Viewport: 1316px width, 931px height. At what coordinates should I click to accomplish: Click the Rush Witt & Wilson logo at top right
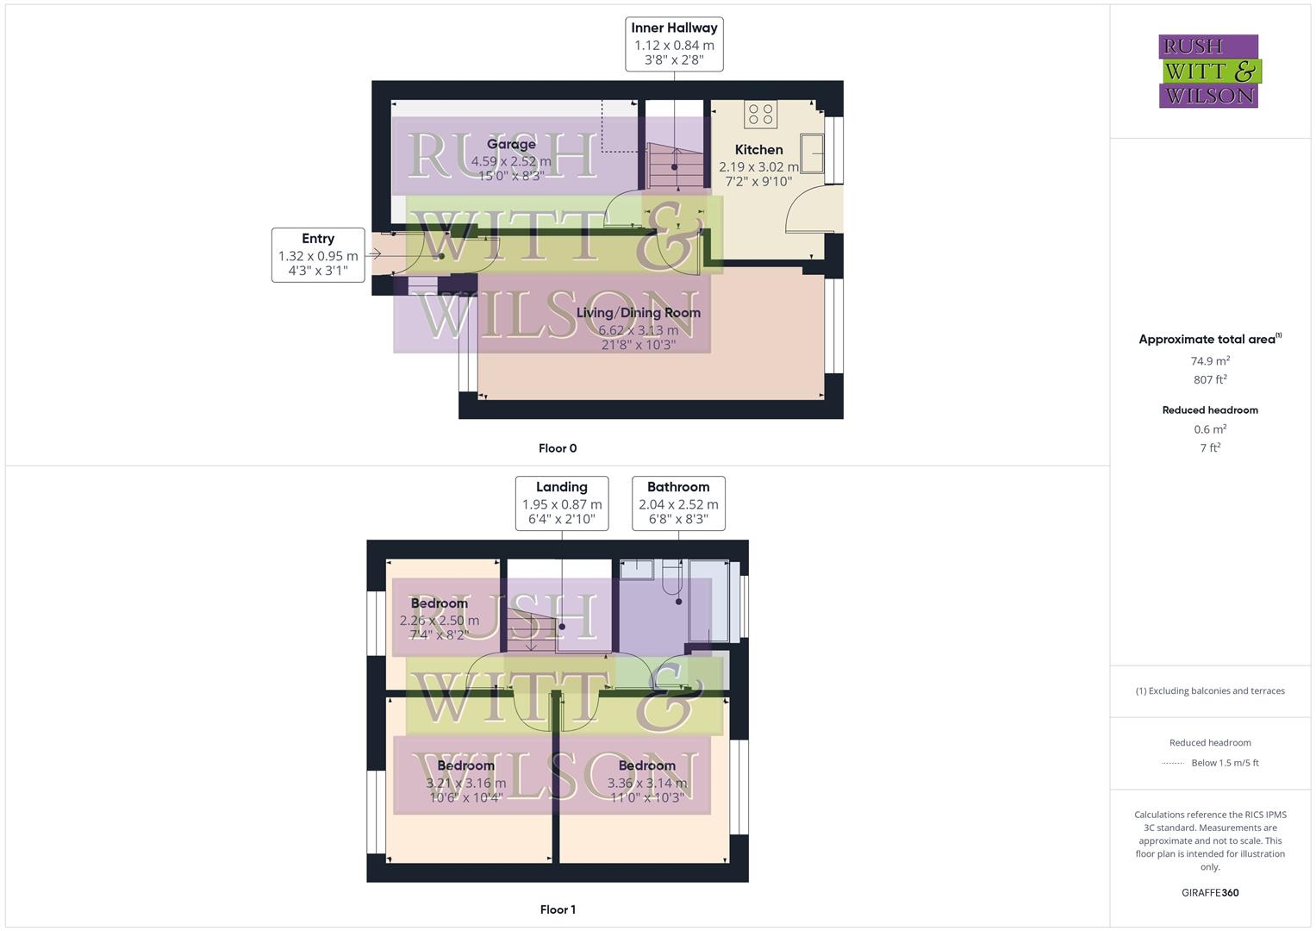1209,72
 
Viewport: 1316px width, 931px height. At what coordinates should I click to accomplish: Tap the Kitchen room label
758,150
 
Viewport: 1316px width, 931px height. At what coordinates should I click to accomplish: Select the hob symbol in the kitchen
761,114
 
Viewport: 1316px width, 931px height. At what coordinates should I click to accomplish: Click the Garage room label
511,145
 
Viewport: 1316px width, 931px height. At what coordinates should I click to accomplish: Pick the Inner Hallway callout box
674,44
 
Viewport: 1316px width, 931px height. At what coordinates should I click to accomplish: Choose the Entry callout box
318,254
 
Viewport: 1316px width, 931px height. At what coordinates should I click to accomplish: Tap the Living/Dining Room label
638,313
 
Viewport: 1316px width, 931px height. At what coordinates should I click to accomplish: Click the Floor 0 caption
558,448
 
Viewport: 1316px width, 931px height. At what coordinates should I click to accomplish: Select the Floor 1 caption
558,909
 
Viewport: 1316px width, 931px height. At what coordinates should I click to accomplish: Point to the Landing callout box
562,503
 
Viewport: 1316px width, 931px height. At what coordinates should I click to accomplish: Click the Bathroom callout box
678,503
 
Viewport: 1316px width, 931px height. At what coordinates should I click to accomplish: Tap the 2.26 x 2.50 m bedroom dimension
440,621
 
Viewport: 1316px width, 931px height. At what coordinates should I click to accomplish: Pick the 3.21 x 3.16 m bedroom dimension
466,784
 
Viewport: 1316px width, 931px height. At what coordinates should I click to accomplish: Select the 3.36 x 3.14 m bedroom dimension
647,784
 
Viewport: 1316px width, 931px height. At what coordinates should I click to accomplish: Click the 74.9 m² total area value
1210,361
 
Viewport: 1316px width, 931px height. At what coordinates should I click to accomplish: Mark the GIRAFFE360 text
1210,893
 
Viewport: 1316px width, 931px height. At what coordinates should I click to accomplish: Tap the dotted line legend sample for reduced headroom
1173,763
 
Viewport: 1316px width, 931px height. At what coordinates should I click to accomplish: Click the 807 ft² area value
1210,380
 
